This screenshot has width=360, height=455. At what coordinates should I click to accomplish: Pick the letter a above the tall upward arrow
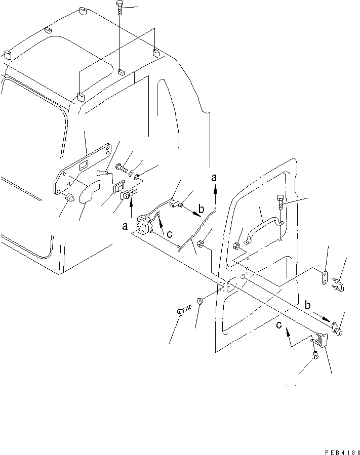tap(215, 177)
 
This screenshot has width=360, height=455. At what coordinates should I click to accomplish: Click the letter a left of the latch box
tap(125, 227)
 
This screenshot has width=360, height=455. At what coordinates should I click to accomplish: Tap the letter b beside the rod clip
tap(202, 209)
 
